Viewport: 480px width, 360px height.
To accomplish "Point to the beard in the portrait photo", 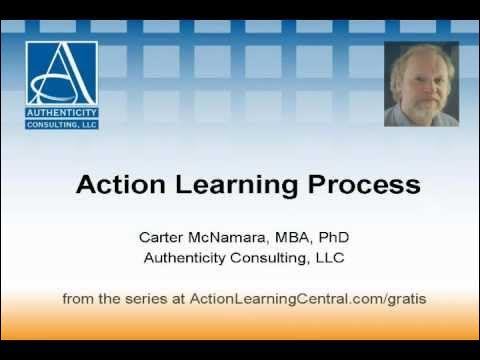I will coord(423,108).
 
